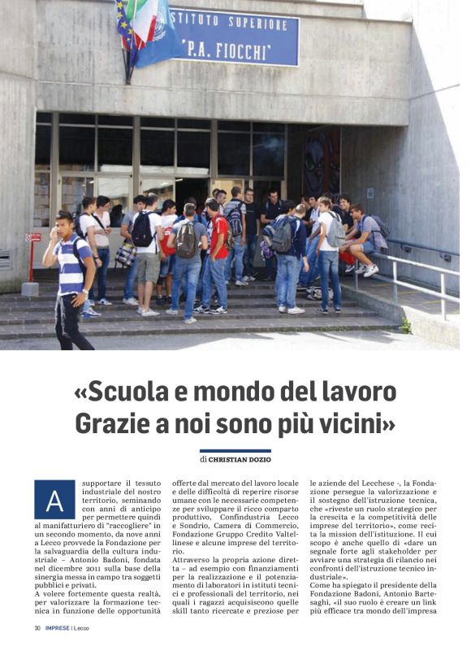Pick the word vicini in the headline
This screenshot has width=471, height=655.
click(356, 423)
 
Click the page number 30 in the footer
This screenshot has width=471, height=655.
click(37, 628)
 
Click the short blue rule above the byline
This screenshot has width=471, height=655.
click(235, 450)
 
